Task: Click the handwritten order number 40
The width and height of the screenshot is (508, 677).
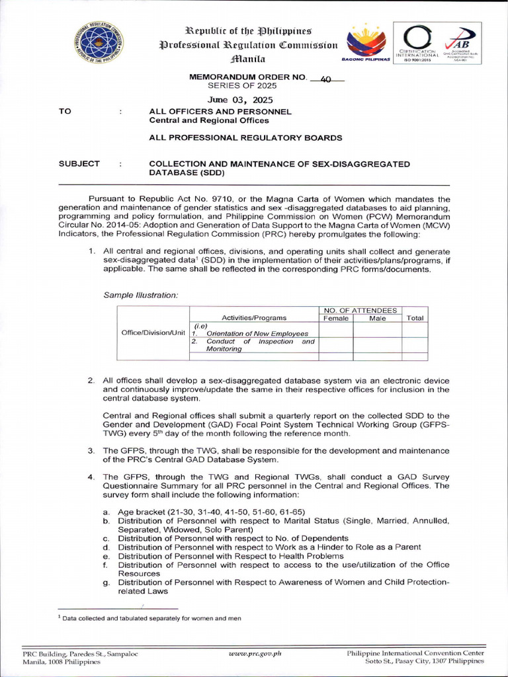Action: [x=325, y=79]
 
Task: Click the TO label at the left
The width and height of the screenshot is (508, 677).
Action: [x=65, y=112]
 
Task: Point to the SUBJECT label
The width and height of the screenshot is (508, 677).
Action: [x=79, y=163]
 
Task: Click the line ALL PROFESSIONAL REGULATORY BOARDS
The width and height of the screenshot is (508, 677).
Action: [x=245, y=138]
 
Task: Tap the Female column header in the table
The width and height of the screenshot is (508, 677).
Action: [x=335, y=318]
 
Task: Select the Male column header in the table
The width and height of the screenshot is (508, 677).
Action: [x=377, y=318]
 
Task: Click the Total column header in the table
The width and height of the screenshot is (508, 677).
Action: [x=415, y=318]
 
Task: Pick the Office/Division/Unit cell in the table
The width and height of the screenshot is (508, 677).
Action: [x=153, y=332]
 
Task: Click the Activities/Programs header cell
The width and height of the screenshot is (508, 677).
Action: [x=254, y=318]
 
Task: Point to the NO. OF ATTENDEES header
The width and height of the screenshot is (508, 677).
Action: [x=360, y=310]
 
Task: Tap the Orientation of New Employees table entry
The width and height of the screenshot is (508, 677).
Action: [x=257, y=333]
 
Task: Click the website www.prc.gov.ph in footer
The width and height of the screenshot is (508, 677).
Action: [x=255, y=653]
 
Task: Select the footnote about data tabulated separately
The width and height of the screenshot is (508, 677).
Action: [x=150, y=618]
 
